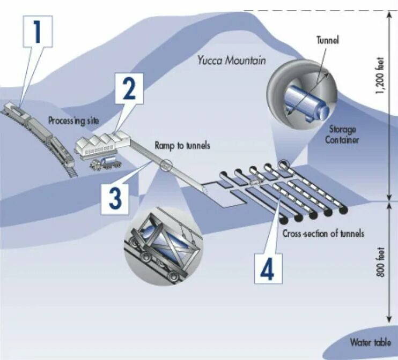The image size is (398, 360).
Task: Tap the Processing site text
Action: click(74, 121)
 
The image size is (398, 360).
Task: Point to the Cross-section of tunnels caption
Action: click(323, 234)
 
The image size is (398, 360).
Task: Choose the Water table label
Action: click(371, 342)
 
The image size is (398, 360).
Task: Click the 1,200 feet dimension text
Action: click(380, 77)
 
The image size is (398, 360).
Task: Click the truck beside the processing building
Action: click(104, 162)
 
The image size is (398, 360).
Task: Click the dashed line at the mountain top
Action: click(316, 10)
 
